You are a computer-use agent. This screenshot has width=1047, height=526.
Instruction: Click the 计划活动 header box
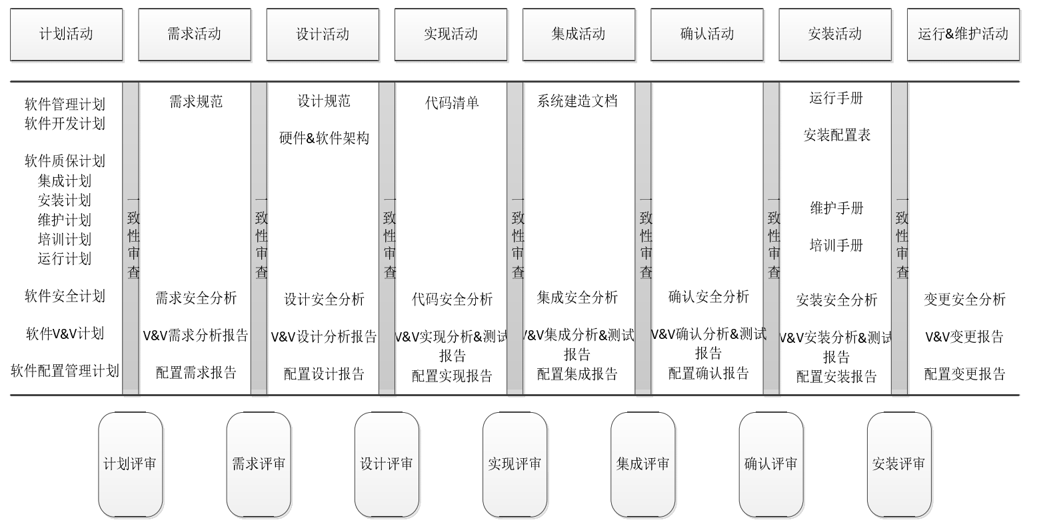(x=66, y=34)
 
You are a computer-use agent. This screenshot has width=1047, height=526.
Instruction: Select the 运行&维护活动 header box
(x=963, y=34)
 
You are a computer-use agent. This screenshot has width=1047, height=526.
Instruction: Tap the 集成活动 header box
(x=578, y=34)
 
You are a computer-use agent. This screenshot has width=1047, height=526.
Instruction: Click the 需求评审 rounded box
(x=259, y=464)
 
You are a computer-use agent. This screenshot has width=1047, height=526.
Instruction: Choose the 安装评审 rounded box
(x=899, y=464)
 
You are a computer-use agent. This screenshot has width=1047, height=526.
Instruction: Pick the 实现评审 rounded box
(x=515, y=464)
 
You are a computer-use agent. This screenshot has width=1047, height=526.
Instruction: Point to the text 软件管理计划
(x=65, y=104)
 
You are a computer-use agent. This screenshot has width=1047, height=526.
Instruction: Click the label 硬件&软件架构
(x=324, y=138)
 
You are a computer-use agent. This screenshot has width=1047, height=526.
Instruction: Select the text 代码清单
(x=452, y=103)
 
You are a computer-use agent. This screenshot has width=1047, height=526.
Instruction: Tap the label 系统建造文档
(x=577, y=101)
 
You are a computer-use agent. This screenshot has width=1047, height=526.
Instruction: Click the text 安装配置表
(x=837, y=135)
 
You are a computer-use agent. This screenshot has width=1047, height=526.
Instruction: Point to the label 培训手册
(x=836, y=246)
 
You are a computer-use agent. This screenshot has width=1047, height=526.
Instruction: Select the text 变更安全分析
(x=964, y=300)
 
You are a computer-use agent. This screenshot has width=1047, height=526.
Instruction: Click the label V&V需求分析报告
(x=195, y=336)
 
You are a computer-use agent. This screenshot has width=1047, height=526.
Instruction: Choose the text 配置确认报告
(x=708, y=374)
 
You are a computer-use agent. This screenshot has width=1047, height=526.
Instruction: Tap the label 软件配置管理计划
(x=65, y=371)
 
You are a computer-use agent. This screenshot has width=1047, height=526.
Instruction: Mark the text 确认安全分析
(x=708, y=297)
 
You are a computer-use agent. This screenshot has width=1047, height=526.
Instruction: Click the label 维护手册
(x=836, y=208)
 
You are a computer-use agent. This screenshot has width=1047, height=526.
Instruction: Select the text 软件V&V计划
(x=65, y=334)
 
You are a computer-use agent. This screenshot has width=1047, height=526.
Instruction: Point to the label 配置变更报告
(x=964, y=374)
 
